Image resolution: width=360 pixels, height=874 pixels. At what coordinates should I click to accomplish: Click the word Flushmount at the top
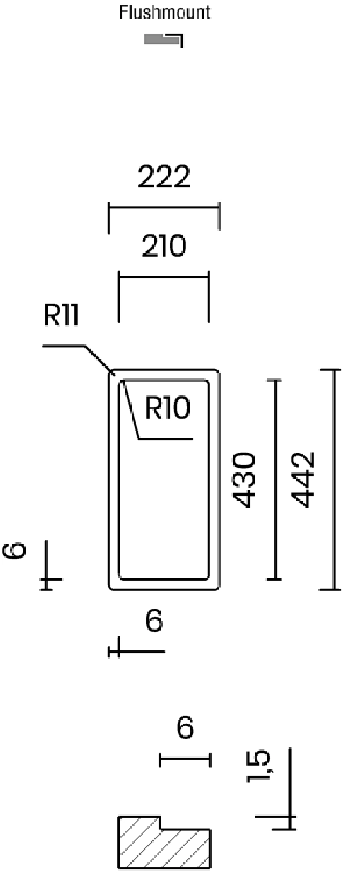tap(165, 12)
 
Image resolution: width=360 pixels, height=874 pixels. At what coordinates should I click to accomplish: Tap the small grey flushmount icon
tap(163, 39)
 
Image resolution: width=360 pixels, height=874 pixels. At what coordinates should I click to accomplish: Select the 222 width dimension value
tap(164, 177)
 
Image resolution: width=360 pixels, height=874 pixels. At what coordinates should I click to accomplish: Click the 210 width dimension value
tap(164, 246)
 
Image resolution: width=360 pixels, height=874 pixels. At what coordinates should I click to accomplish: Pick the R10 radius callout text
tap(168, 407)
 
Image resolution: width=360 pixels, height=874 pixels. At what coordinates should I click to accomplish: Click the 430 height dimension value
tap(244, 480)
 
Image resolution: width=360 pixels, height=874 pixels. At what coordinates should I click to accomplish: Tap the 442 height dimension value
tap(303, 479)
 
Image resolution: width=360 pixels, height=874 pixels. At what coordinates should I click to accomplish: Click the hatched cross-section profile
tap(164, 843)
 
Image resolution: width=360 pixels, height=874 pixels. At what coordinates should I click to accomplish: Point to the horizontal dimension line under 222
tap(164, 207)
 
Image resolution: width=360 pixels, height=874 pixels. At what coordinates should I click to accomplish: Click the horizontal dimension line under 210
tap(164, 278)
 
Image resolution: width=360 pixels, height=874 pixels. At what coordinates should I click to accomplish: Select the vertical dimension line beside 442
tap(334, 479)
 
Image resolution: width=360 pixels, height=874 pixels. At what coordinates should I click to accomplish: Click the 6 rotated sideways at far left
tap(14, 551)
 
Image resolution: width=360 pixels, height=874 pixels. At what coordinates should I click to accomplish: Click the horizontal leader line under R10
tap(165, 438)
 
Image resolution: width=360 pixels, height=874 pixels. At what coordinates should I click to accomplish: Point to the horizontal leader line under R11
tap(64, 346)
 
